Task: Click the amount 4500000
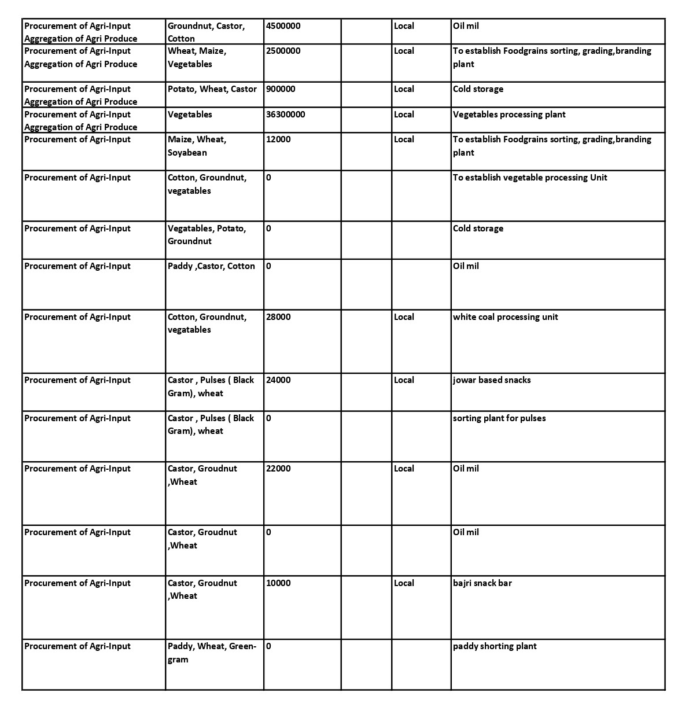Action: point(283,26)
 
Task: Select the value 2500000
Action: point(283,51)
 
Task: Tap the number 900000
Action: point(281,89)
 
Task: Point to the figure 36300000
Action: point(286,115)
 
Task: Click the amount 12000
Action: point(279,139)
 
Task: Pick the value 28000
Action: point(279,317)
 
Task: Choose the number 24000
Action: point(279,380)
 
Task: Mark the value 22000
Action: point(279,469)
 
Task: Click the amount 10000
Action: point(279,583)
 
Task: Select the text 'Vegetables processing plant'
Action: point(509,115)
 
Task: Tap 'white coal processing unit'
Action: point(506,317)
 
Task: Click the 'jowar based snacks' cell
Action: point(492,380)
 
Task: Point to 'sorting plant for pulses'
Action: point(499,418)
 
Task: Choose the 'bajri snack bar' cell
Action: point(482,583)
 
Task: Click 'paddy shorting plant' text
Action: point(495,646)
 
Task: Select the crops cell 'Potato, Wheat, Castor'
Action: point(212,89)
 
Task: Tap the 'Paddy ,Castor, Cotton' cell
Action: point(211,266)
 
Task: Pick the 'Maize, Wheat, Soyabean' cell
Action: point(197,146)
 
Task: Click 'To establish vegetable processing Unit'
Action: point(530,178)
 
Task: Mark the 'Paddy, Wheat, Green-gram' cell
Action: point(212,653)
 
